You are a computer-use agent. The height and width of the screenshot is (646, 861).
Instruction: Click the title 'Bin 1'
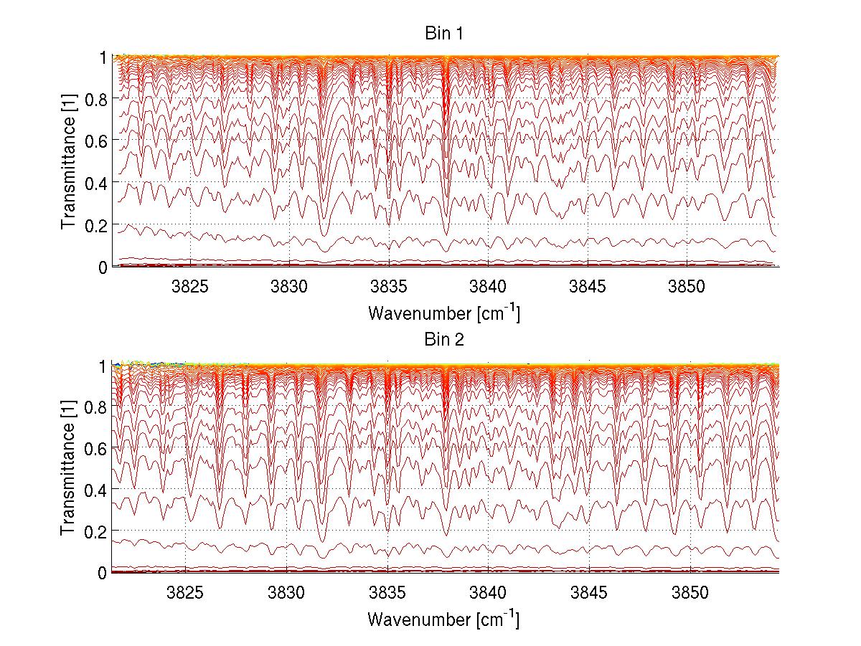444,34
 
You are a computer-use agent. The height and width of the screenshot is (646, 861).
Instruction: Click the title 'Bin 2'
444,340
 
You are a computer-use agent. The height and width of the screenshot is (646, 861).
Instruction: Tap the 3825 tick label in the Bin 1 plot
190,286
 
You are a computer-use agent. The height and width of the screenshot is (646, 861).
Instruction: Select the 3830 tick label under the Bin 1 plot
289,286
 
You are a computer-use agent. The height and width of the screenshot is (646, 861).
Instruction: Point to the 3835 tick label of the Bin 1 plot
389,286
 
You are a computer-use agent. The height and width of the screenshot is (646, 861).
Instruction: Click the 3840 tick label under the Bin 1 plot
488,286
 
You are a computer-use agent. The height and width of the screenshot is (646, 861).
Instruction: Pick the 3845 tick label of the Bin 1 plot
588,286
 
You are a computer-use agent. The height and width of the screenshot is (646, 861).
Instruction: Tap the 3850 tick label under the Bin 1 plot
687,286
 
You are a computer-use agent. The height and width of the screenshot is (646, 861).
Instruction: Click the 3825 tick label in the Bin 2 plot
186,593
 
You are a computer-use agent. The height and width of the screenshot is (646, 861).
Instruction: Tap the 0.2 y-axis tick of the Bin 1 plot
96,224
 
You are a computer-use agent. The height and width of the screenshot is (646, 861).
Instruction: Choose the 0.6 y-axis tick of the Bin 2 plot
96,448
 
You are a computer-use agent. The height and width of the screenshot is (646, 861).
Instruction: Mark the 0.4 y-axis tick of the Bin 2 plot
96,490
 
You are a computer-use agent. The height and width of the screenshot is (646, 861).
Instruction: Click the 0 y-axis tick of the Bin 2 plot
103,573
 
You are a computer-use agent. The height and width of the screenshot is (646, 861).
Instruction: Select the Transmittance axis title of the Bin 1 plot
69,162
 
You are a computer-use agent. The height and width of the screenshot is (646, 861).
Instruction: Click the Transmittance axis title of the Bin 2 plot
69,469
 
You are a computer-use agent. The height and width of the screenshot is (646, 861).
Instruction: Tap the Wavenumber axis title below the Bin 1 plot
443,313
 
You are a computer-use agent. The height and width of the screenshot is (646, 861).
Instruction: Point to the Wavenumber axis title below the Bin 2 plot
443,619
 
